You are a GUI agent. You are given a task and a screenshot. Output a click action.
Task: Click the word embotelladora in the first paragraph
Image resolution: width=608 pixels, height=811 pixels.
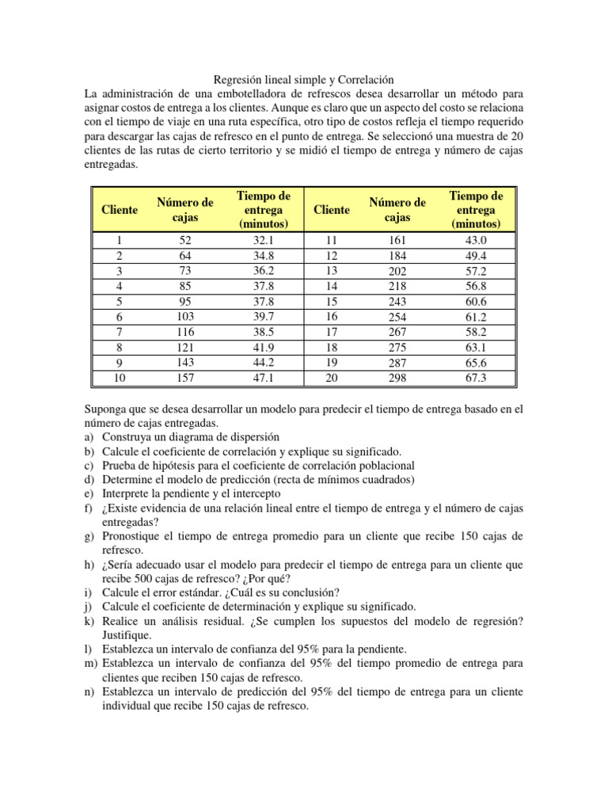(238, 93)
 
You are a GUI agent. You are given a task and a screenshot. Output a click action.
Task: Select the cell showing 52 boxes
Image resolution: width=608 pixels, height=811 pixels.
(185, 241)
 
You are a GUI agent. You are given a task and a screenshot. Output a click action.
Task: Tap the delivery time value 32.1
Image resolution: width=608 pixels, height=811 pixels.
(263, 241)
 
